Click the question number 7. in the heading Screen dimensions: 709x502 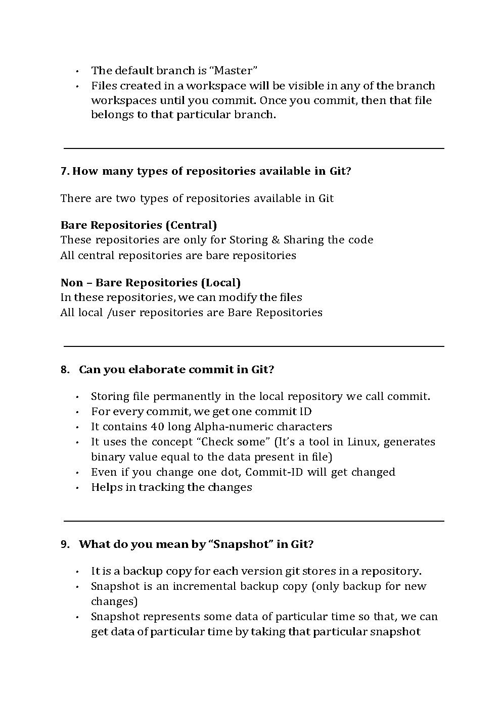(65, 171)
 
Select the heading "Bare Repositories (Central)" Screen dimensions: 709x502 (139, 225)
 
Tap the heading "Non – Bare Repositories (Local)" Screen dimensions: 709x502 (150, 282)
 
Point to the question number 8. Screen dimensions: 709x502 (65, 369)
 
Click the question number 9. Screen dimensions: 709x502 (65, 544)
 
